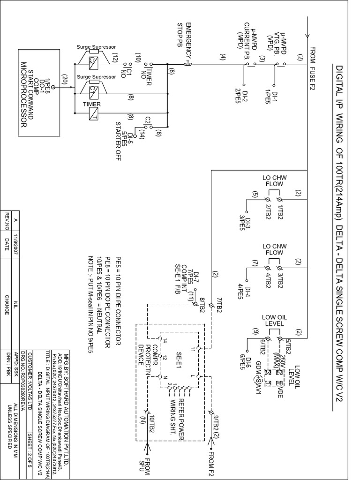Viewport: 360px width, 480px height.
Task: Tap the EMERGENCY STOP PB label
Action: [x=184, y=35]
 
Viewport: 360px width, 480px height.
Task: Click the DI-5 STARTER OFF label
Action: [x=124, y=136]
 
